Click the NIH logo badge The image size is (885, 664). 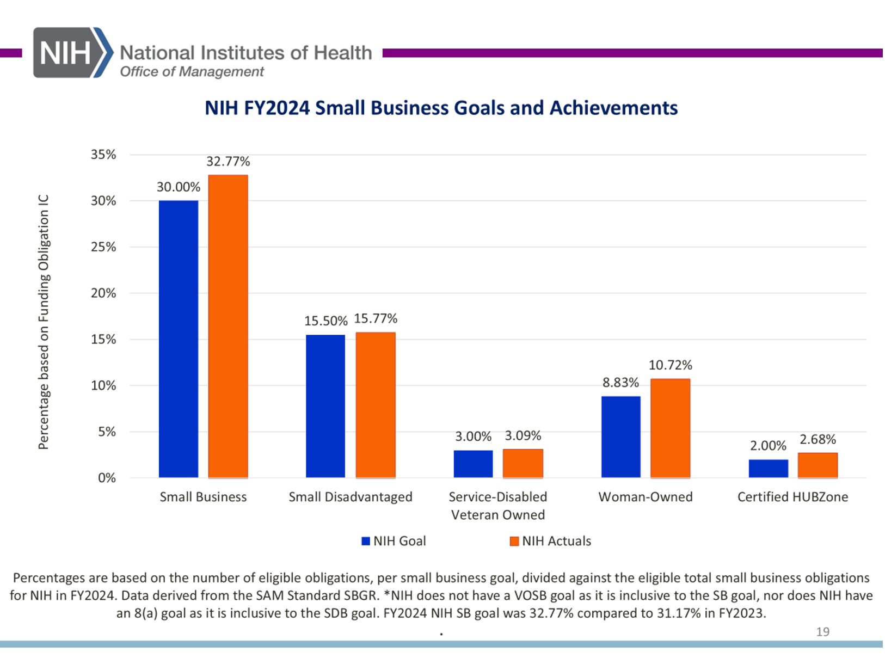pos(72,53)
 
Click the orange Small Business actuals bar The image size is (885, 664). pos(228,327)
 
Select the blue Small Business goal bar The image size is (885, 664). pos(179,339)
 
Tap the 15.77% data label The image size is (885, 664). pos(376,318)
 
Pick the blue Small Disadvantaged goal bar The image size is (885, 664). pos(325,406)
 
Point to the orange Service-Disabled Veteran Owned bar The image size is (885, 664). pos(523,464)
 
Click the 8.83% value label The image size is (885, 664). pos(620,383)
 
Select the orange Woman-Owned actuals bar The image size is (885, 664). pos(670,428)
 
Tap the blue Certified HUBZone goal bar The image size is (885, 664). pos(768,469)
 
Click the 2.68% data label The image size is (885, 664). pos(818,439)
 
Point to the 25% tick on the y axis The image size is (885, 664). pos(103,247)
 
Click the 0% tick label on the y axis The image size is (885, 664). pos(107,478)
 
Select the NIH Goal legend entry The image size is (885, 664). pos(394,541)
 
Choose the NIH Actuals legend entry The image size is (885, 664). pos(550,541)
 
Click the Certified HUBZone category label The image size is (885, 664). pos(792,497)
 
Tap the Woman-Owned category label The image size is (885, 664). pos(646,497)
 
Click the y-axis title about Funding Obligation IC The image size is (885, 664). pos(44,322)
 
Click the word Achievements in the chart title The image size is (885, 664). pos(613,108)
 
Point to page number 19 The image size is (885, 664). pos(822,631)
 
